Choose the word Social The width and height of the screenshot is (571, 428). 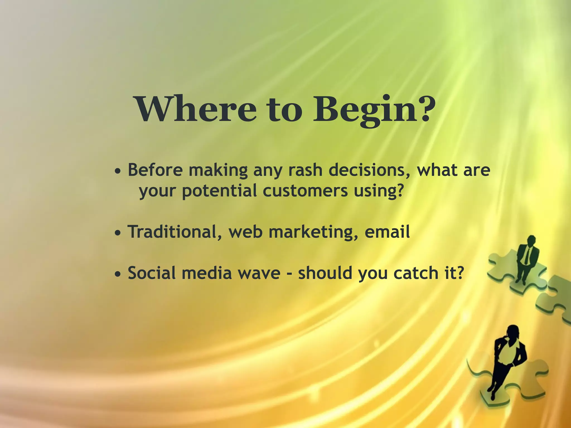tap(152, 273)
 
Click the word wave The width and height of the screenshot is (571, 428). tap(259, 273)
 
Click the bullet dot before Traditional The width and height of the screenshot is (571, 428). tap(118, 233)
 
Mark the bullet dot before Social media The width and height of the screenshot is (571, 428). tap(118, 274)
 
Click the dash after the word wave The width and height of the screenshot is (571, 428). tap(289, 274)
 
